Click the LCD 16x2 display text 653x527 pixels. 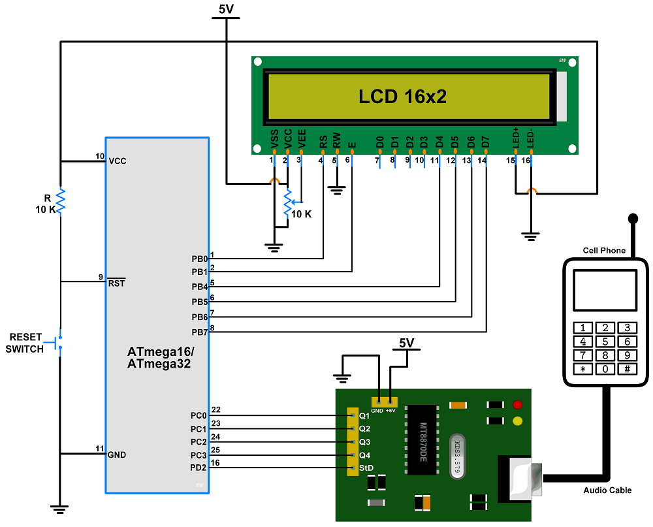tap(402, 97)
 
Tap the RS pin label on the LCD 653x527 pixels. tap(323, 141)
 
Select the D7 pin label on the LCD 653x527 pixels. tap(485, 141)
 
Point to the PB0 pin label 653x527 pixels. tap(199, 259)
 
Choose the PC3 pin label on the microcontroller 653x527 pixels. tap(199, 455)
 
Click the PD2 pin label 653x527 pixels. tap(199, 468)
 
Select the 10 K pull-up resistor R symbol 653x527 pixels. tap(60, 202)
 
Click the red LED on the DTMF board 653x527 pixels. tap(518, 406)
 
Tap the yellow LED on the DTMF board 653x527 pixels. tap(518, 421)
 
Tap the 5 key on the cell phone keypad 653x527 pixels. tap(605, 341)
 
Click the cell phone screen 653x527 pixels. tap(605, 290)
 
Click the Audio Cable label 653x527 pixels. tap(607, 490)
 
